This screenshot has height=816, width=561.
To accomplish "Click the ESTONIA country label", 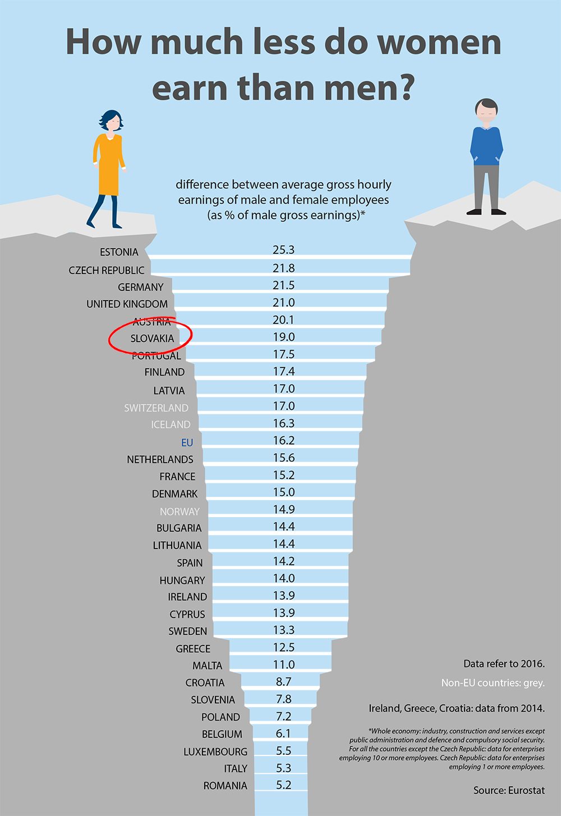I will click(x=119, y=252).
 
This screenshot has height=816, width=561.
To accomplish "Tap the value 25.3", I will click(x=283, y=250).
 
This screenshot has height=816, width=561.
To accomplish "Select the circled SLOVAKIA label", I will click(x=152, y=338).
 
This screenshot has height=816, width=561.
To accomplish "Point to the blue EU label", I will click(x=187, y=442).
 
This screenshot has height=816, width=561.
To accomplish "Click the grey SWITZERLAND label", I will click(x=156, y=408).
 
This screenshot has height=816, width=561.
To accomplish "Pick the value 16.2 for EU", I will click(x=283, y=440).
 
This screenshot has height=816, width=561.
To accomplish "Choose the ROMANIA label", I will click(x=225, y=786).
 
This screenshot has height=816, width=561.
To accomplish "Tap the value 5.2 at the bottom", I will click(x=283, y=785).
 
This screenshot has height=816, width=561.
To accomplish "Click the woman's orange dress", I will click(x=108, y=165).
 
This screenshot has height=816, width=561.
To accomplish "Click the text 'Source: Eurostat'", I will click(x=509, y=790).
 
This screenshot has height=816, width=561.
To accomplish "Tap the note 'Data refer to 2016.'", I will click(x=504, y=664).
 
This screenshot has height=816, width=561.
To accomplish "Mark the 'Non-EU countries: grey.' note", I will click(x=493, y=683).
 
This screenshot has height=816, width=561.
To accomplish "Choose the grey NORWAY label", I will click(x=180, y=511).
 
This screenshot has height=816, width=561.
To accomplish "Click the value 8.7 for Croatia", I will click(x=283, y=681).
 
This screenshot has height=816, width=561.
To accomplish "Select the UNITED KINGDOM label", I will click(x=127, y=304).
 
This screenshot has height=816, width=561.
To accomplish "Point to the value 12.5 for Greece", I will click(x=283, y=647).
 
